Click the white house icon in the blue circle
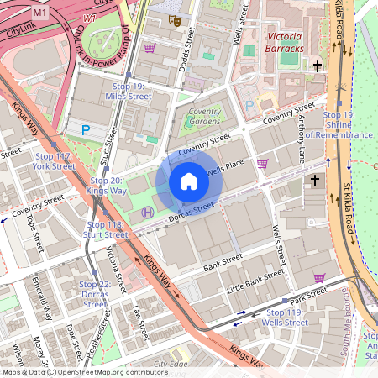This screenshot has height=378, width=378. click(189, 181)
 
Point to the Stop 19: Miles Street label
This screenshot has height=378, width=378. click(129, 92)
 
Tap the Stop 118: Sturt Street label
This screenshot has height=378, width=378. click(106, 230)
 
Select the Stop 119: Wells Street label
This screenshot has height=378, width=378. click(286, 317)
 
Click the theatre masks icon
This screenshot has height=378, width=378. click(174, 20)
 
